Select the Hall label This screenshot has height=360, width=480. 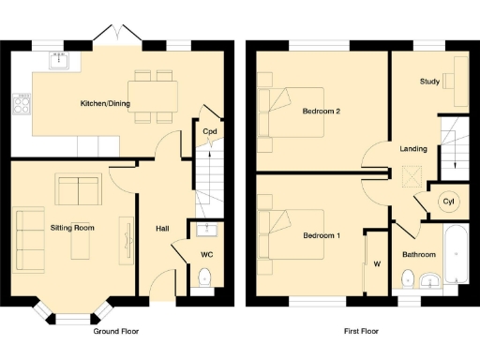point(161,227)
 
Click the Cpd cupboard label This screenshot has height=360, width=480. point(211,131)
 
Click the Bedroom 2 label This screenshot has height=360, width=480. point(320,112)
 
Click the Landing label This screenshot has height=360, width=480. point(413,148)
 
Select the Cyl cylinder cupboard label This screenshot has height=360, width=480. point(448,202)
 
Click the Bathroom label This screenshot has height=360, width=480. point(419,254)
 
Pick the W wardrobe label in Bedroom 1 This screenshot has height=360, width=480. point(376,264)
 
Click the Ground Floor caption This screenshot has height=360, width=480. point(118,331)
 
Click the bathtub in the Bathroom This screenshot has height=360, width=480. point(455,255)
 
